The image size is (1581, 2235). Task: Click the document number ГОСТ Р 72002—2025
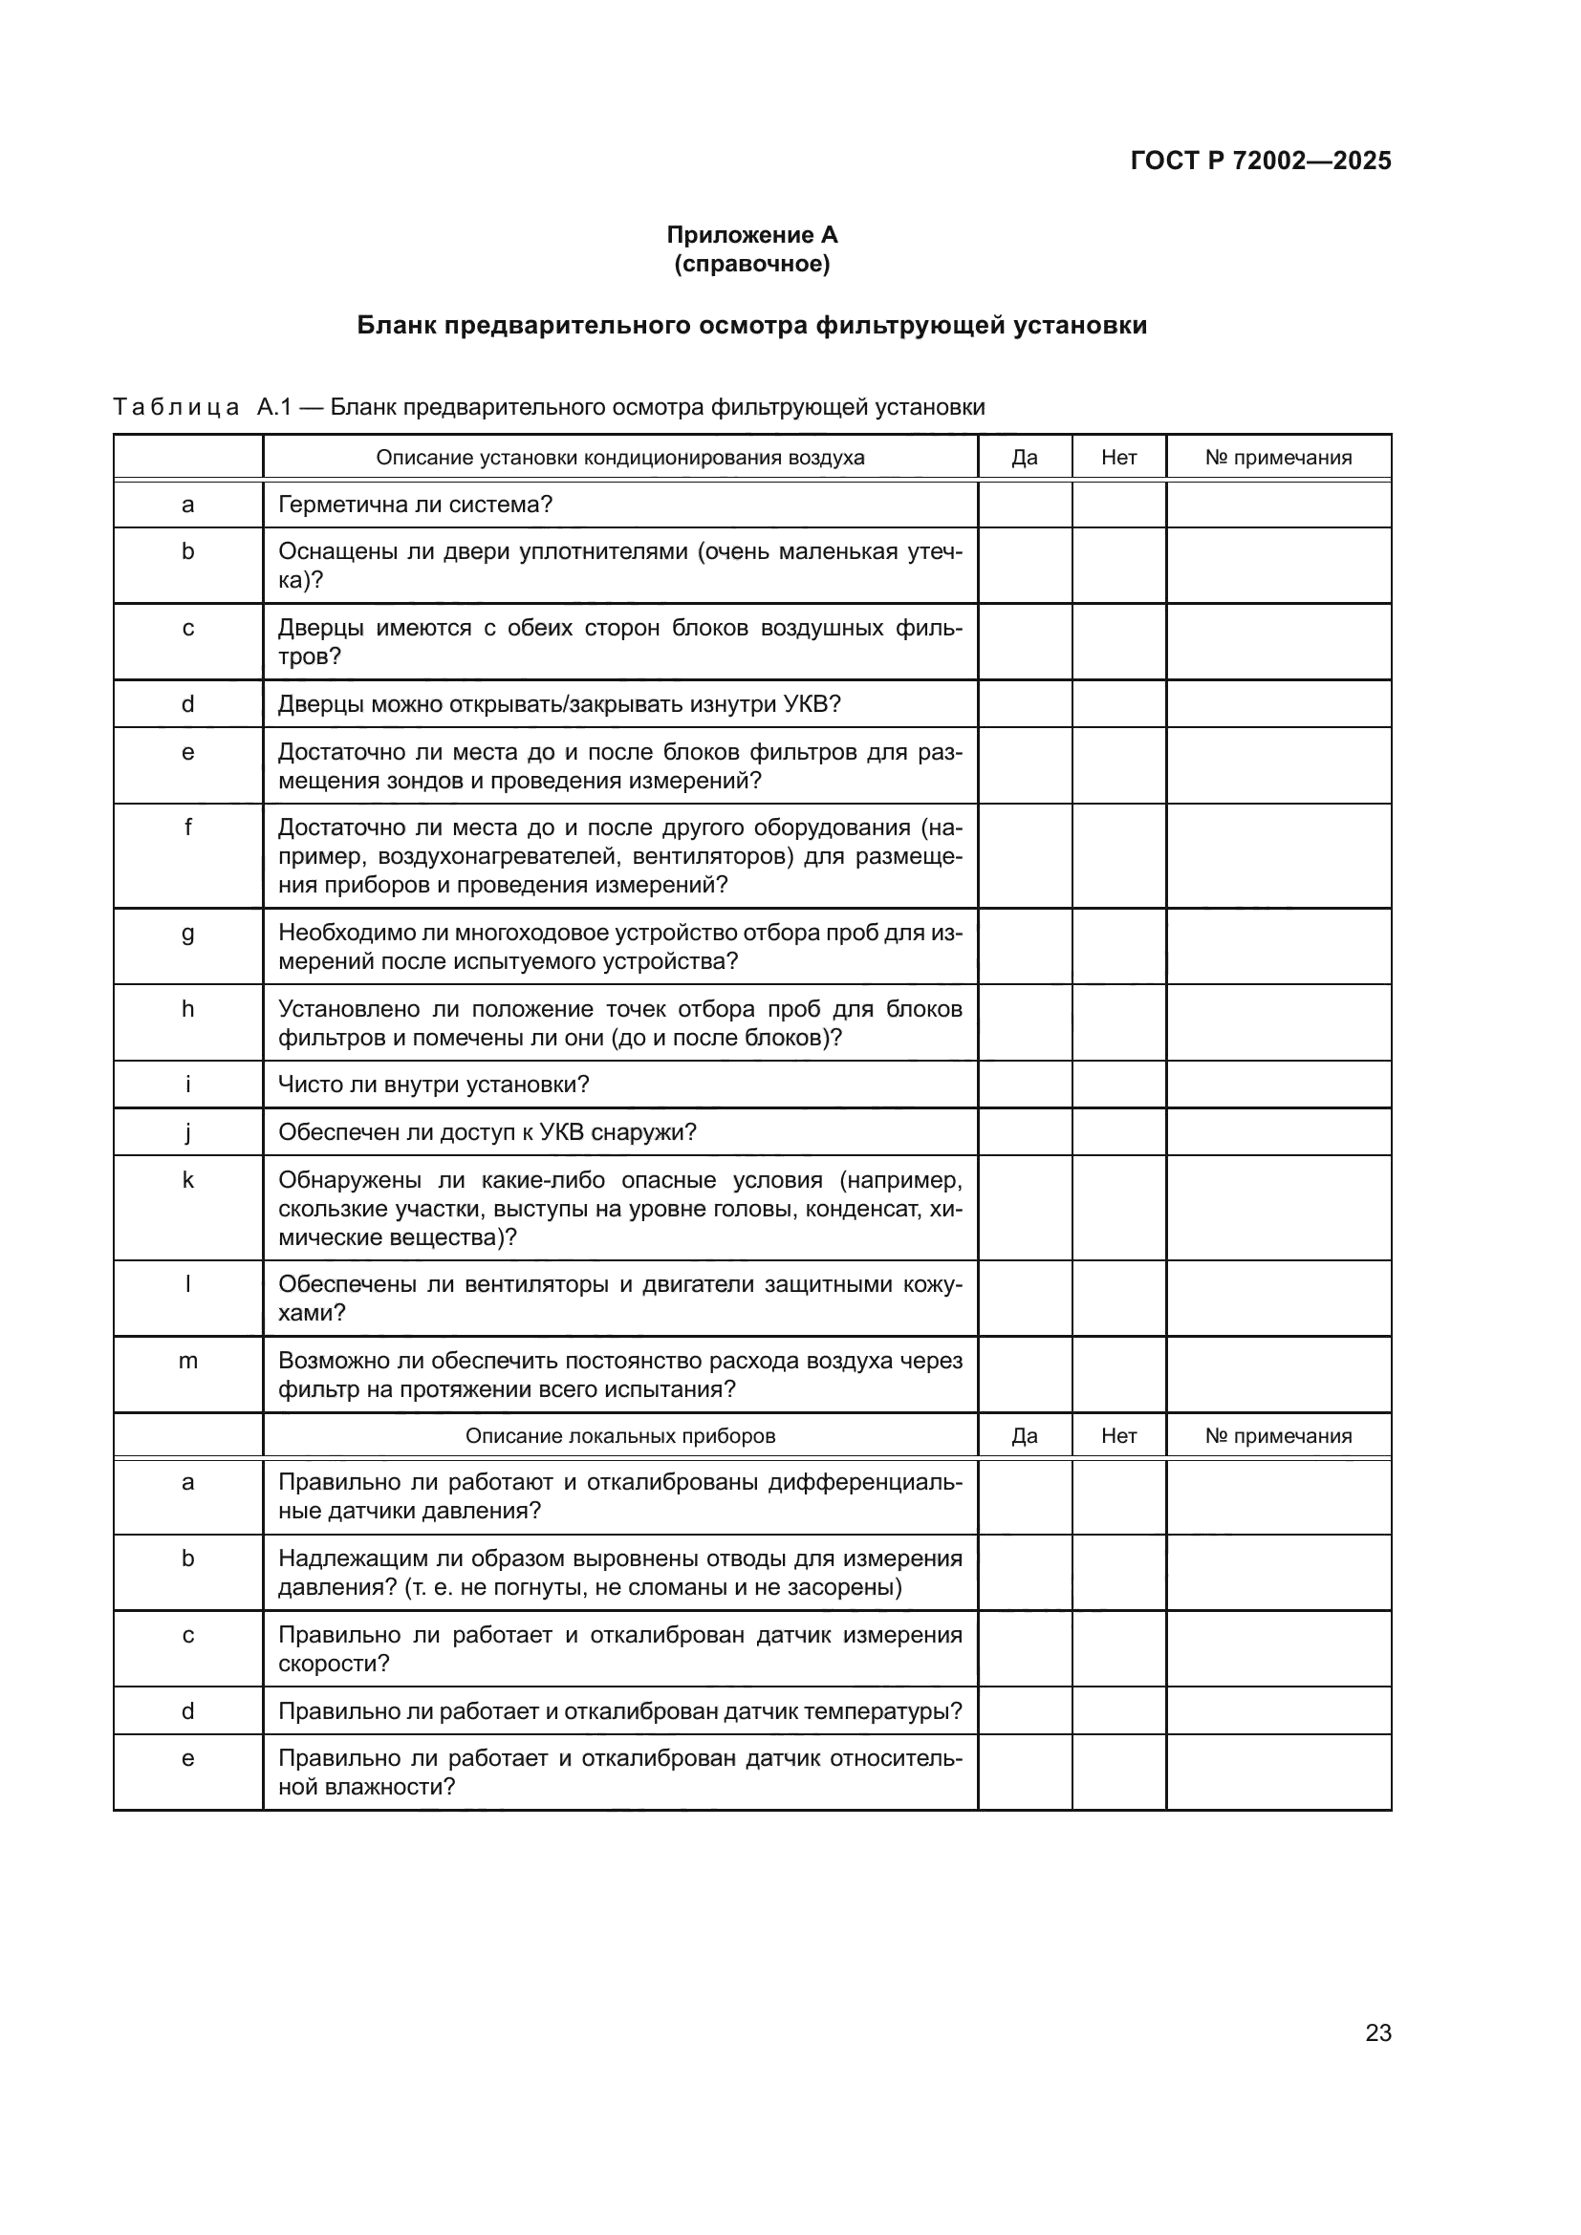pyautogui.click(x=1261, y=161)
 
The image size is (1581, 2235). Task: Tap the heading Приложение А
pyautogui.click(x=751, y=235)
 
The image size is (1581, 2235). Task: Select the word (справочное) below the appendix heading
pyautogui.click(x=751, y=264)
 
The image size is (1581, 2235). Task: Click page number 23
pyautogui.click(x=1377, y=2032)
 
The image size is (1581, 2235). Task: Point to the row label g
pyautogui.click(x=188, y=934)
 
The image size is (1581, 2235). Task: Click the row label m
pyautogui.click(x=188, y=1361)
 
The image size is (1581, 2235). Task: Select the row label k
pyautogui.click(x=188, y=1181)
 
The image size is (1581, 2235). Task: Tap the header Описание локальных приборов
pyautogui.click(x=620, y=1436)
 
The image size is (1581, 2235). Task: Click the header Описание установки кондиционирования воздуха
pyautogui.click(x=620, y=458)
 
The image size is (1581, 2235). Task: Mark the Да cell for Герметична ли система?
pyautogui.click(x=1024, y=505)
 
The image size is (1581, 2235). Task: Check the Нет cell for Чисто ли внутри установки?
pyautogui.click(x=1118, y=1085)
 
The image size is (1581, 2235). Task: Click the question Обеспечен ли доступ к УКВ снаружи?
pyautogui.click(x=487, y=1132)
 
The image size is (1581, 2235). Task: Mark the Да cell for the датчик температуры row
pyautogui.click(x=1024, y=1711)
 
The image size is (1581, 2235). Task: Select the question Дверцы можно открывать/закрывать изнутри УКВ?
pyautogui.click(x=559, y=704)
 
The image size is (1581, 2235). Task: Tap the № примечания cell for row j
pyautogui.click(x=1278, y=1132)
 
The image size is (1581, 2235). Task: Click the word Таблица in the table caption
pyautogui.click(x=176, y=407)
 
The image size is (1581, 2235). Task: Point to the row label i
pyautogui.click(x=188, y=1085)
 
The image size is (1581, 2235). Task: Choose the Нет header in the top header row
pyautogui.click(x=1118, y=458)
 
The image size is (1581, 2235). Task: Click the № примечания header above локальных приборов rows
pyautogui.click(x=1278, y=1436)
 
